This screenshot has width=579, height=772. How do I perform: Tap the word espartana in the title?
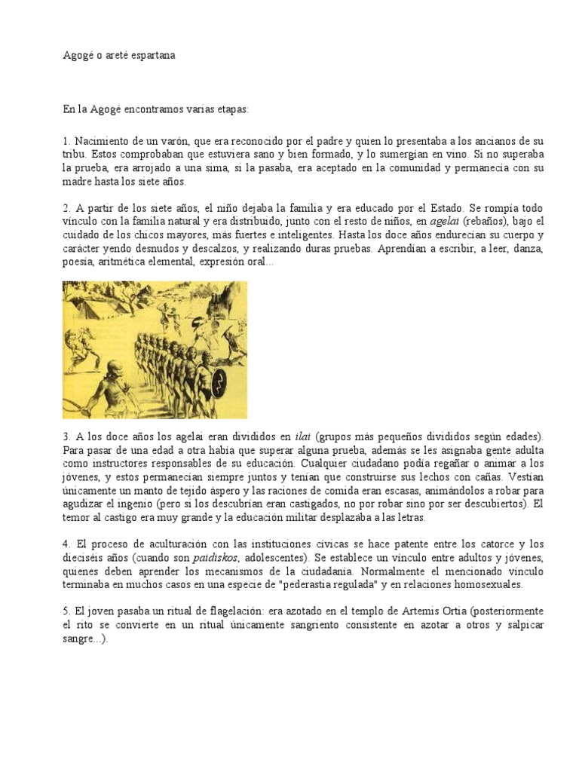152,56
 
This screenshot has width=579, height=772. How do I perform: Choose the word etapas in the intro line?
231,109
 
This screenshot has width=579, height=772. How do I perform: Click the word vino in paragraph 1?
440,155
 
